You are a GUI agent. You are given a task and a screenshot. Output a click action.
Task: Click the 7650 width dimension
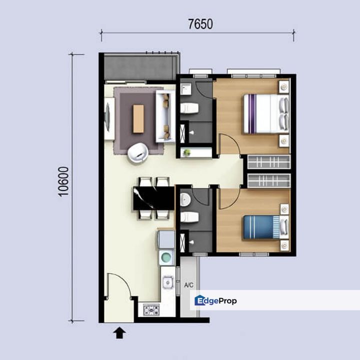coord(200,24)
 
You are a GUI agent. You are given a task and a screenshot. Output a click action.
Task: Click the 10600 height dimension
coord(63,181)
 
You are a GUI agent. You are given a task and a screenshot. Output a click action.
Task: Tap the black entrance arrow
coord(119,332)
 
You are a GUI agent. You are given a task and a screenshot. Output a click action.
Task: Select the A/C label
coord(188,285)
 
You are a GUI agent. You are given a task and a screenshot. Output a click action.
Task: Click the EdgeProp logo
coord(215,300)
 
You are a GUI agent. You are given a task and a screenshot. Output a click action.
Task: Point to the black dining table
coord(154,198)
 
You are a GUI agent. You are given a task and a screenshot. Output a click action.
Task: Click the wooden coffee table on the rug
coord(138,118)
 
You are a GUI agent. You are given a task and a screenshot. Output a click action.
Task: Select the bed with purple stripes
coord(266,114)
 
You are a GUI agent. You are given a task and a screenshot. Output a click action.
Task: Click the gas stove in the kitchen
coord(151,309)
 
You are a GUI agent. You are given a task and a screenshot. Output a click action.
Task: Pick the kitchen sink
coord(168,282)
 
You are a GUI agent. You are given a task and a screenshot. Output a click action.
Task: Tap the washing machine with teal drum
coord(166,257)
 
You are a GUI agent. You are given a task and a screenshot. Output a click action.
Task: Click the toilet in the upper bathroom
coord(189,108)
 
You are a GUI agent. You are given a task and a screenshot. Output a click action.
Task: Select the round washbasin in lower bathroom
coord(185,199)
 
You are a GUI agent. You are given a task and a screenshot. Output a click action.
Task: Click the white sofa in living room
coord(165,116)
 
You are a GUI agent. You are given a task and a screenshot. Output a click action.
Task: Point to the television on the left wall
coord(107,117)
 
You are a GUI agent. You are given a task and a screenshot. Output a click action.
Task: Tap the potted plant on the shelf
coord(187,152)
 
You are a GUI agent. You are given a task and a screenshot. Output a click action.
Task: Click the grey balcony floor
coord(140,67)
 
